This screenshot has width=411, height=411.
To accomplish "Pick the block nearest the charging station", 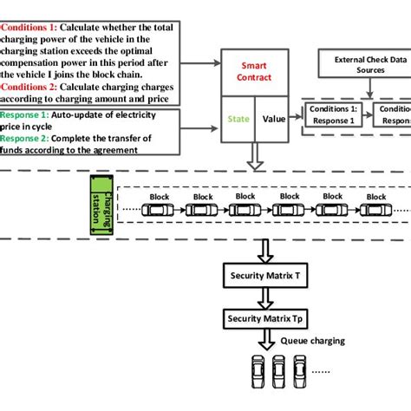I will (x=160, y=207).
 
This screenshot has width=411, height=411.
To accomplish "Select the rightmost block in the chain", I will (x=375, y=207).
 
